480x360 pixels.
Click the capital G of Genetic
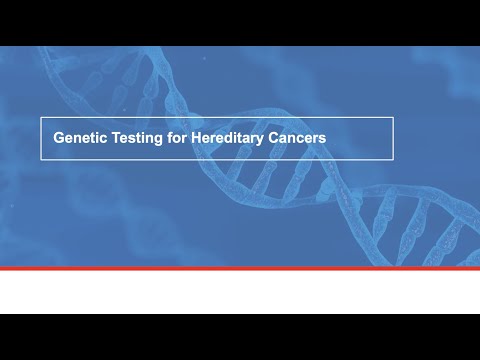point(58,139)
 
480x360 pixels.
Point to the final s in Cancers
point(322,140)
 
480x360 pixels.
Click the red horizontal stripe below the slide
point(240,269)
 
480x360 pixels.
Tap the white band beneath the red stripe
point(240,292)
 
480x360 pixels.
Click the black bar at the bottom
point(240,337)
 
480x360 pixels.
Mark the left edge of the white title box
point(41,139)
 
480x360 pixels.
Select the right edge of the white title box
point(393,139)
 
